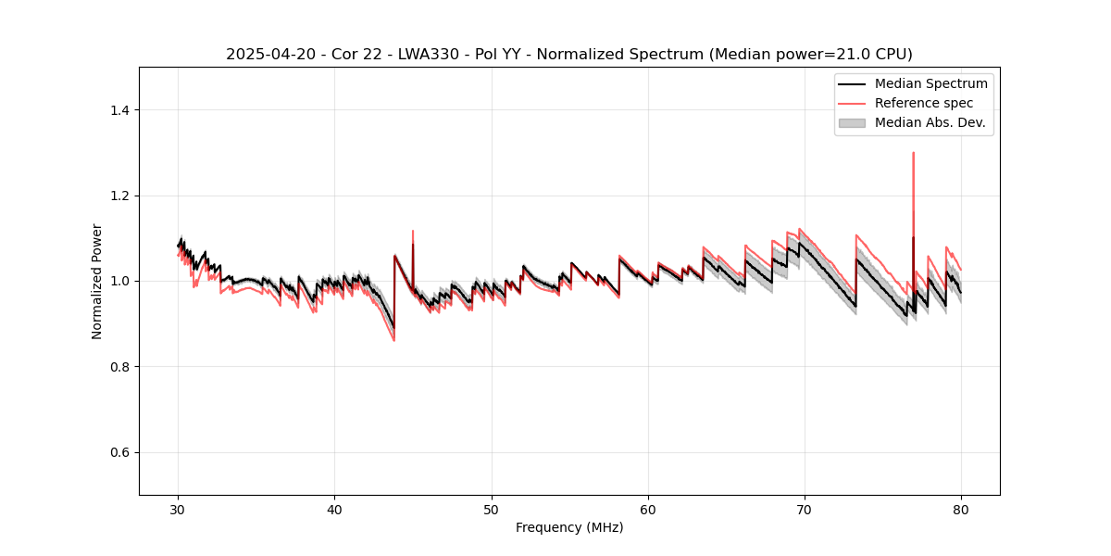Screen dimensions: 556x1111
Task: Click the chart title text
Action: tap(568, 55)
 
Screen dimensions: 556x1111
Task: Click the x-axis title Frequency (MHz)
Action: tap(568, 527)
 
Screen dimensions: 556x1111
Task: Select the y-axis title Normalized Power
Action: tap(97, 281)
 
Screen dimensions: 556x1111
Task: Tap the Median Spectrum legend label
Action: tap(930, 83)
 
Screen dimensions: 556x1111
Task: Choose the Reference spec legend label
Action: tap(923, 103)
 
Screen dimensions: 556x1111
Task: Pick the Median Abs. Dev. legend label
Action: tap(930, 122)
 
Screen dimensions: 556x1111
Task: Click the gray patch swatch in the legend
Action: tap(851, 122)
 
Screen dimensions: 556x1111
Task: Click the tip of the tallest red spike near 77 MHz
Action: tap(913, 153)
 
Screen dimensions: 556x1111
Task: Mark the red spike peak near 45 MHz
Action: tap(413, 231)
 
